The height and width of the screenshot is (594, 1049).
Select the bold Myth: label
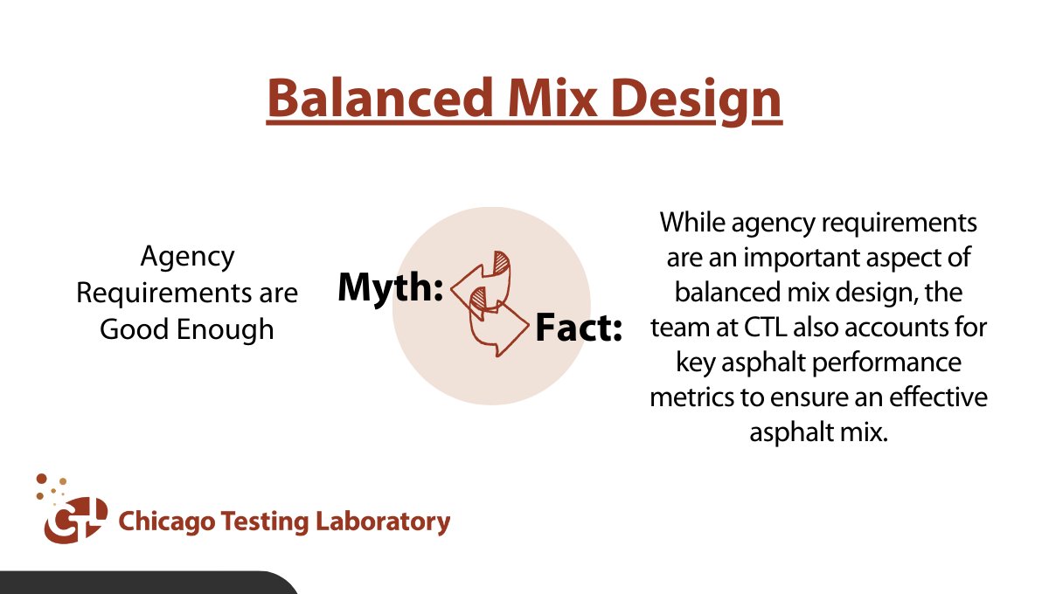pyautogui.click(x=391, y=287)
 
